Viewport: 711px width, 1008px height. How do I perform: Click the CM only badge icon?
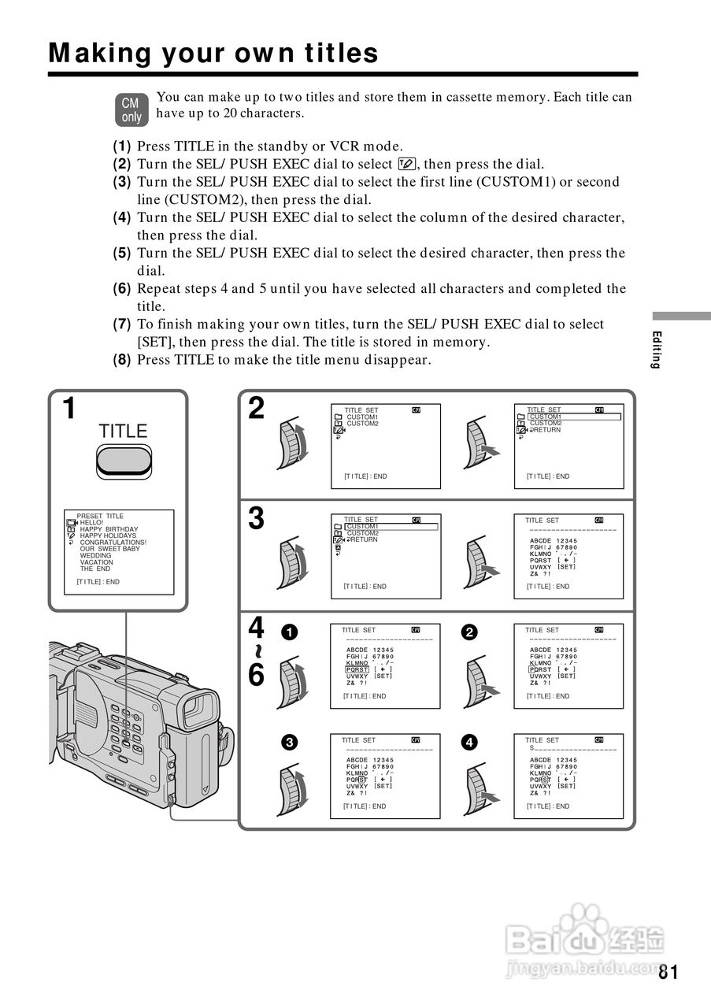tap(131, 110)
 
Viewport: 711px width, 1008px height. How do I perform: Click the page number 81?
tap(668, 971)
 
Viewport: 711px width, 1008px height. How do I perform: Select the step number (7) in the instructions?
tap(121, 324)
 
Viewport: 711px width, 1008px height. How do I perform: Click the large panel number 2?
tap(257, 409)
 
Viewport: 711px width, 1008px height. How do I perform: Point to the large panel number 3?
tap(257, 519)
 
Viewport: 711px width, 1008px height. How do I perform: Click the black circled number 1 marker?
tap(291, 632)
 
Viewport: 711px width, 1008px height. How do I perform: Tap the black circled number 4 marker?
tap(470, 742)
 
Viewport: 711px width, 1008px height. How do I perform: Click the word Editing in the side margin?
tap(657, 350)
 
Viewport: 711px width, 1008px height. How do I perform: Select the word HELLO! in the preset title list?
tap(91, 522)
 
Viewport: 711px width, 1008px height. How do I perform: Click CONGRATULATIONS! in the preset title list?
tap(113, 543)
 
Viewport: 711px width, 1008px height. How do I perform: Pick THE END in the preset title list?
tap(95, 569)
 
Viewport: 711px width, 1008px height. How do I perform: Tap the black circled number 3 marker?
tap(291, 742)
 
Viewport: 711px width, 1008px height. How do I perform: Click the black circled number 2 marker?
tap(470, 632)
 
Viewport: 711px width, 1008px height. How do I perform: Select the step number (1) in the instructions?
tap(121, 146)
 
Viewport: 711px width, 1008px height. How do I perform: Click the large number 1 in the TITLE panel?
tap(70, 409)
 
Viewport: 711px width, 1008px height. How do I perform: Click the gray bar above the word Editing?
tap(681, 315)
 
